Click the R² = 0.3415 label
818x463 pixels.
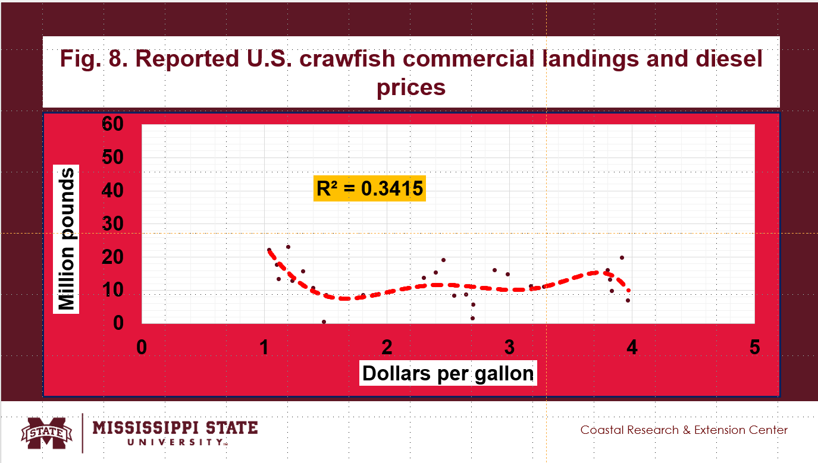369,188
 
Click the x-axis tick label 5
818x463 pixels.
755,348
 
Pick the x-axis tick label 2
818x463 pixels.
387,348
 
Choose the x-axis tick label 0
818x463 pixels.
142,348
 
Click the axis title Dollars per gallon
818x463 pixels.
448,373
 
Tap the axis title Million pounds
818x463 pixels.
67,240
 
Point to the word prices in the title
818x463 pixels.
411,87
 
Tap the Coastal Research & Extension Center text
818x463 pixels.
684,430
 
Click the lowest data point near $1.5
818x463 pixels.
324,322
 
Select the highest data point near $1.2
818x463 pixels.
288,247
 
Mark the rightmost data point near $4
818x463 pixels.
628,300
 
